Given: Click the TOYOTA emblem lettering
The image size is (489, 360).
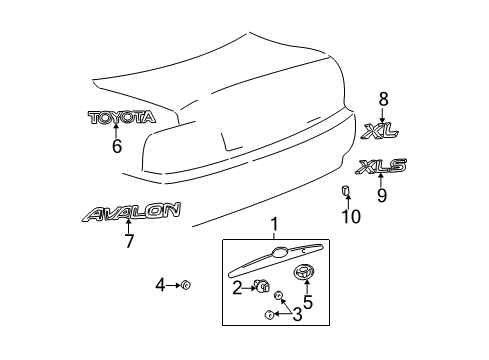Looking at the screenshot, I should (122, 117).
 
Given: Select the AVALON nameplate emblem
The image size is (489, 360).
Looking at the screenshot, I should (132, 212).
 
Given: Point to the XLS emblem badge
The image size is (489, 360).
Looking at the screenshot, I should (381, 167).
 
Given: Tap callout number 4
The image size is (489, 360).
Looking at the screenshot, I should (158, 286).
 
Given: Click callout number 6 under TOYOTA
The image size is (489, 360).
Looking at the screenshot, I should (116, 146).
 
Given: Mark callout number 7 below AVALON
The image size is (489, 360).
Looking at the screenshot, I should (128, 240).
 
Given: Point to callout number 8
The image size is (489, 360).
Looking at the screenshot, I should (382, 98).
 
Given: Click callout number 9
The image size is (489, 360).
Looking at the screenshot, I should (381, 196).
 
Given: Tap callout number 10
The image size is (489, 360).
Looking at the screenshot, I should (346, 214).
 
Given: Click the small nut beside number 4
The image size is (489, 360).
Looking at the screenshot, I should (186, 286).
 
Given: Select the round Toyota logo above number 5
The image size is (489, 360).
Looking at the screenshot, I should (302, 273).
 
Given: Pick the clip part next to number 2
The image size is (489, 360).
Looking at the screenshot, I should (262, 288).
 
